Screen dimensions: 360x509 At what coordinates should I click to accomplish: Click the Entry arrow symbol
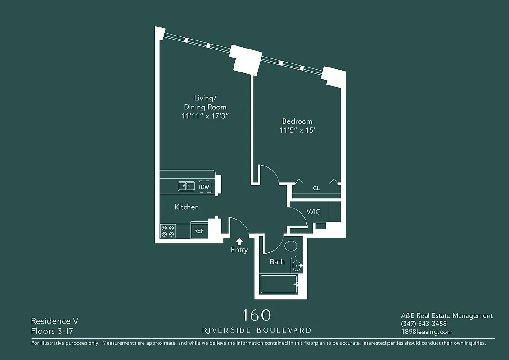point(239,241)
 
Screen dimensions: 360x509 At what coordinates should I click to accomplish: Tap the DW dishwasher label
point(205,186)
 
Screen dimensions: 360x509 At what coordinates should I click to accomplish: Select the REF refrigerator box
point(199,231)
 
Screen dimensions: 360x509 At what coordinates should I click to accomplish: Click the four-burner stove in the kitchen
point(168,231)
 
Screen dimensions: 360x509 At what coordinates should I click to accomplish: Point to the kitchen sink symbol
point(186,186)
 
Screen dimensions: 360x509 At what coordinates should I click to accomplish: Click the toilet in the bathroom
point(291,246)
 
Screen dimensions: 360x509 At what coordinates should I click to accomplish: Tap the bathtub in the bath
point(279,284)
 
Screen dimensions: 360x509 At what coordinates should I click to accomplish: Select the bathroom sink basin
point(297,266)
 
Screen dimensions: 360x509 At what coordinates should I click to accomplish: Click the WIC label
point(314,211)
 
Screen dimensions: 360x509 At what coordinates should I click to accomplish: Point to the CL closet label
point(316,188)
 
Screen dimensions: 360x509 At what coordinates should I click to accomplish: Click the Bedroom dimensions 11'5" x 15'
point(297,131)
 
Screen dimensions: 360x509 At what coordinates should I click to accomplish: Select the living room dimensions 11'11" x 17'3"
point(205,116)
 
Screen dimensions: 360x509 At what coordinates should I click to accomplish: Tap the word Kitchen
point(187,207)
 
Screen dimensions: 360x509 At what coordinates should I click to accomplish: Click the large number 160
point(257,315)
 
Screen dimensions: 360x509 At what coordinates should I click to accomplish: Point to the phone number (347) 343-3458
point(423,324)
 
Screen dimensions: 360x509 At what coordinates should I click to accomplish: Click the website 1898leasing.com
point(427,332)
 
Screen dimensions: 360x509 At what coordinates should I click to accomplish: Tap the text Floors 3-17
point(52,331)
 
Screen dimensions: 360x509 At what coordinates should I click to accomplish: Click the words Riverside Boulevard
point(257,330)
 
